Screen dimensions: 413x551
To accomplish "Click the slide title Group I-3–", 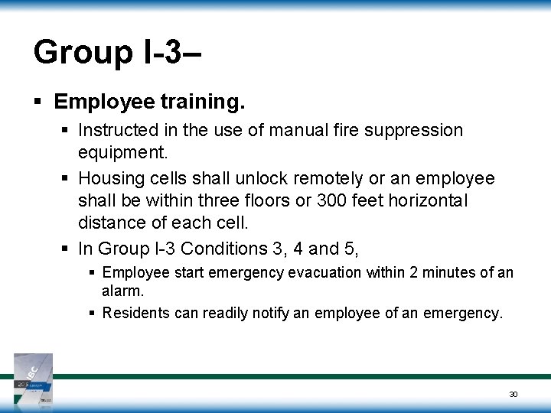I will pos(119,53).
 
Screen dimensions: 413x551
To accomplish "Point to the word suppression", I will pos(418,131).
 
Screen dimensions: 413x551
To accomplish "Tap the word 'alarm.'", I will pos(122,291).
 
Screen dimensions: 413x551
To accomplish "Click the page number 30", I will pos(514,394).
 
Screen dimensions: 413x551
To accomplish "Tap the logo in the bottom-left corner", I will pos(33,378).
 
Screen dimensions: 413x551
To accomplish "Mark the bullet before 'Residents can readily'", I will pos(92,312).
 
